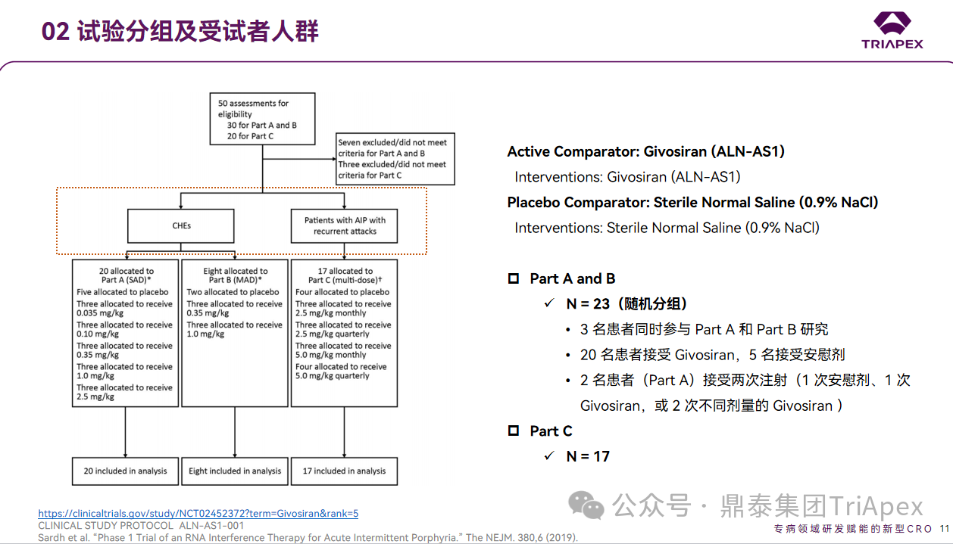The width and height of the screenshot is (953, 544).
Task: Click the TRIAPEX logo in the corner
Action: pyautogui.click(x=892, y=30)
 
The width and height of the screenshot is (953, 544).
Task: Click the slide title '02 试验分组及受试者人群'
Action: pyautogui.click(x=180, y=31)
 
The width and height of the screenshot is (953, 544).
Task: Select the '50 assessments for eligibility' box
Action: pyautogui.click(x=262, y=119)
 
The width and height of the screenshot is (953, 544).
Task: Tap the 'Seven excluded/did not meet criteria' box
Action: pyautogui.click(x=395, y=159)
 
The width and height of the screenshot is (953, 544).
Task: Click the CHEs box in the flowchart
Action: pyautogui.click(x=180, y=225)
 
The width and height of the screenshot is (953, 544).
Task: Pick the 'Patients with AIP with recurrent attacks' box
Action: pyautogui.click(x=345, y=225)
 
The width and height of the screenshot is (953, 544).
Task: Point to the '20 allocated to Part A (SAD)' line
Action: pyautogui.click(x=126, y=275)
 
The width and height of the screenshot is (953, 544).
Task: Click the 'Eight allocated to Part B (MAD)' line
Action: pyautogui.click(x=235, y=275)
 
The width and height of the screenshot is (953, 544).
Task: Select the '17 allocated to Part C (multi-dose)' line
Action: pyautogui.click(x=345, y=275)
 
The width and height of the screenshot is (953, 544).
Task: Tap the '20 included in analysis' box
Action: pyautogui.click(x=125, y=471)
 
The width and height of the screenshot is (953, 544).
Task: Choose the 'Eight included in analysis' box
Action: pyautogui.click(x=235, y=471)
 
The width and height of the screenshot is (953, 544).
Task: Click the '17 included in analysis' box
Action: pyautogui.click(x=345, y=471)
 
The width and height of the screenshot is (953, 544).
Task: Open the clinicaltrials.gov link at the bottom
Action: pyautogui.click(x=198, y=513)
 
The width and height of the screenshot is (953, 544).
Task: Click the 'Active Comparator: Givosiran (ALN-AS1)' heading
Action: pyautogui.click(x=645, y=151)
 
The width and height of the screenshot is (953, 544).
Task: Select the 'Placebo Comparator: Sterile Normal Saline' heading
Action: pyautogui.click(x=692, y=202)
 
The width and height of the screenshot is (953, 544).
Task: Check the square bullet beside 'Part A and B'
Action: pyautogui.click(x=514, y=278)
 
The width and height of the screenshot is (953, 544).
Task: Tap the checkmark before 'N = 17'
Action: pyautogui.click(x=549, y=456)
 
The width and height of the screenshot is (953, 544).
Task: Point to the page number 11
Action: pyautogui.click(x=944, y=528)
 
